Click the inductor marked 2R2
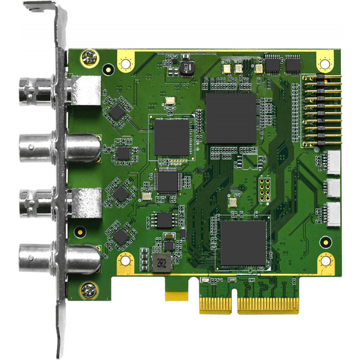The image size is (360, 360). point(159,263)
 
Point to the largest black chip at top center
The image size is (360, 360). point(231,118)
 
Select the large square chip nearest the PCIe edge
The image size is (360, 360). point(242,243)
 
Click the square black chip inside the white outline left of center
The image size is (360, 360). point(172,136)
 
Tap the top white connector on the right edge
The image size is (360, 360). point(332,160)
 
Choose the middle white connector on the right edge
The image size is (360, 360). point(332,187)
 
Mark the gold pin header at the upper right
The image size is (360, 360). point(313,112)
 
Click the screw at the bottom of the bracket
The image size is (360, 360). point(89,291)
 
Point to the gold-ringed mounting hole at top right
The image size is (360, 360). point(325,63)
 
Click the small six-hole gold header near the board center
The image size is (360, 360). point(263,190)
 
